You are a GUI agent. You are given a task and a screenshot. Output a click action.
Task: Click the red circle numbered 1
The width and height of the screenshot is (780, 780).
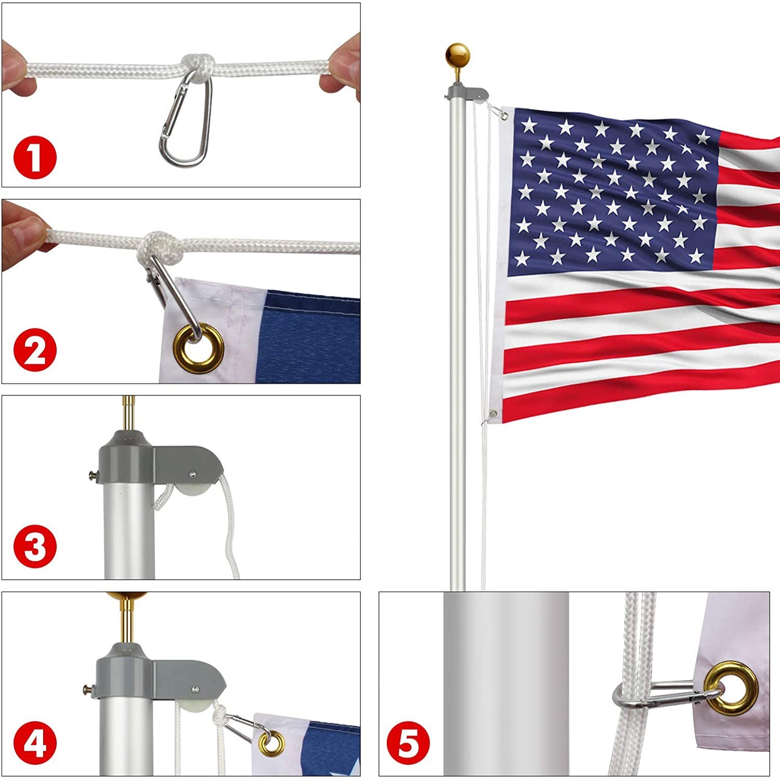(x=35, y=157)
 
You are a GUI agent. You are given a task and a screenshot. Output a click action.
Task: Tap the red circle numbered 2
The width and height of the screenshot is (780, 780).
(x=35, y=352)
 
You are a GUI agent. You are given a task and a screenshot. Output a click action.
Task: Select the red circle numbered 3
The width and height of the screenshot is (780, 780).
(x=35, y=547)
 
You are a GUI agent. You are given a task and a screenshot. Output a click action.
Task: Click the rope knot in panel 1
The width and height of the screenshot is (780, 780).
(x=200, y=66)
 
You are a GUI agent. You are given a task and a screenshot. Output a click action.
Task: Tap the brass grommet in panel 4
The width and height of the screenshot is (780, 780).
(x=271, y=743)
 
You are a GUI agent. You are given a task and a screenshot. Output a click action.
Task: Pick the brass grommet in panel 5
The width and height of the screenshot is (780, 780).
(x=731, y=688)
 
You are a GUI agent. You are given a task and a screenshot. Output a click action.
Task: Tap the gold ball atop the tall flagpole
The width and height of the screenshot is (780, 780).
(x=458, y=55)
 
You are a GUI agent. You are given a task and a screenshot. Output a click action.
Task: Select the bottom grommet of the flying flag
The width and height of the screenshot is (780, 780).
(x=493, y=414)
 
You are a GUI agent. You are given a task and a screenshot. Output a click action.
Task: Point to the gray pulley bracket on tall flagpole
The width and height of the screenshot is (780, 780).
(x=468, y=94)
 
